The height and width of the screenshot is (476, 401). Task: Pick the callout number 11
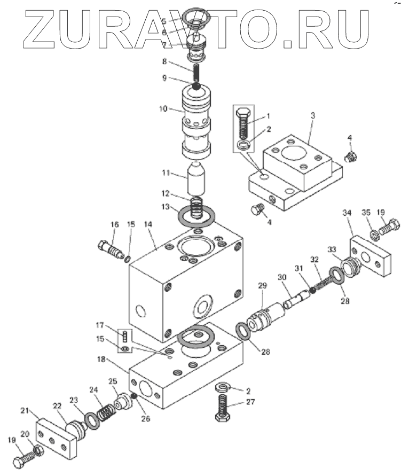pos(166,173)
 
